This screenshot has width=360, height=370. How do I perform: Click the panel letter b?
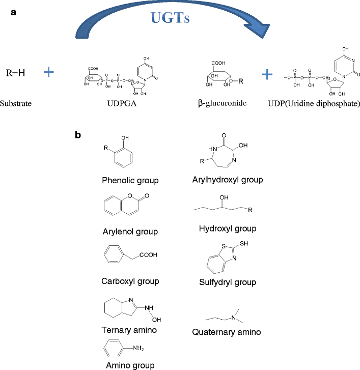(x=77, y=135)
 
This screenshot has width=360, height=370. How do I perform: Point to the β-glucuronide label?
(x=221, y=103)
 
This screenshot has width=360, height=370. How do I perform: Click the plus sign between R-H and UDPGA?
(x=48, y=72)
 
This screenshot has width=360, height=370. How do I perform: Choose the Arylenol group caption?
(x=129, y=232)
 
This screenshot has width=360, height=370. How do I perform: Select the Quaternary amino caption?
(x=227, y=332)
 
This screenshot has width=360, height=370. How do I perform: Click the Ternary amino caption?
(x=129, y=330)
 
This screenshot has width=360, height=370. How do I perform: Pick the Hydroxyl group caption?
(x=227, y=229)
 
